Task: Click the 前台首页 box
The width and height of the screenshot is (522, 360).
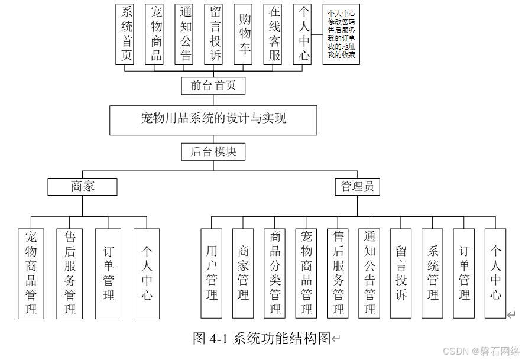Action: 213,86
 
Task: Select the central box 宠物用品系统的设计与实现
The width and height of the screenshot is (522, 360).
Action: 213,119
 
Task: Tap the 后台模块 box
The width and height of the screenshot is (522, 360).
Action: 213,151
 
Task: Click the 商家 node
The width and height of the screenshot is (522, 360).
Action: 82,187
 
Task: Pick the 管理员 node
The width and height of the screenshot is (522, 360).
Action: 357,187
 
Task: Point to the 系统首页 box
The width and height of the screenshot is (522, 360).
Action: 126,34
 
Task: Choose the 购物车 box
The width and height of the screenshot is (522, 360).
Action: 244,34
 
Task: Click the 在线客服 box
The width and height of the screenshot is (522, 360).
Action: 274,34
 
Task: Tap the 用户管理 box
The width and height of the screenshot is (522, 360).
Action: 212,273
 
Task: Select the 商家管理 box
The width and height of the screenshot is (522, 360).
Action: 244,273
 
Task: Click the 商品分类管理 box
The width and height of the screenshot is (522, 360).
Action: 275,273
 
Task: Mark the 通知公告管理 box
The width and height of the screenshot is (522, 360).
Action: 369,273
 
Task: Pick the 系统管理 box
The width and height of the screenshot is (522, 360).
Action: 433,273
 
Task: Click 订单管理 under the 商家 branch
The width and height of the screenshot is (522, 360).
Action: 108,273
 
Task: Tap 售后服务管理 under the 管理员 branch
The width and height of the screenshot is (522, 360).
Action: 338,273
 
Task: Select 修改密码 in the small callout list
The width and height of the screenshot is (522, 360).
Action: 342,20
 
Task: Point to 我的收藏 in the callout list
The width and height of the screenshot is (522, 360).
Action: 342,55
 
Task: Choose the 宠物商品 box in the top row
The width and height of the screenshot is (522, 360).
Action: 156,34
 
